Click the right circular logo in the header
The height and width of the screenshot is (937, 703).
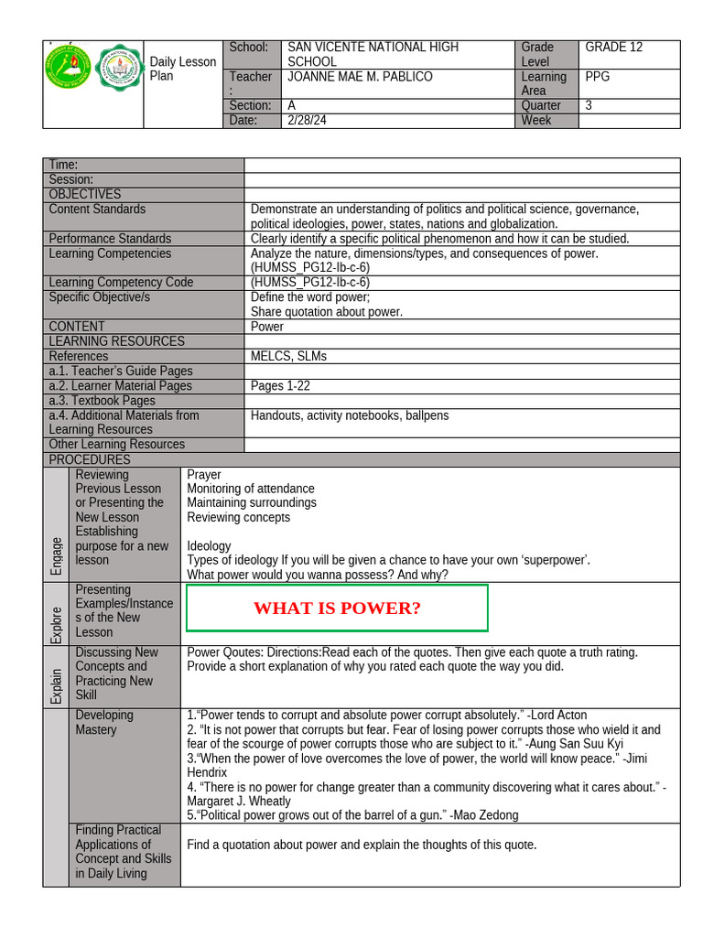pyautogui.click(x=118, y=67)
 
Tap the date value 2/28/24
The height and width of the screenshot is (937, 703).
pyautogui.click(x=306, y=120)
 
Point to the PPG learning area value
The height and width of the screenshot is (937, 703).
pyautogui.click(x=598, y=77)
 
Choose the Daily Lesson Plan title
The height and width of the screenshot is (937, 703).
pyautogui.click(x=182, y=69)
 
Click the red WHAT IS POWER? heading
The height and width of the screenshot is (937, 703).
pyautogui.click(x=337, y=609)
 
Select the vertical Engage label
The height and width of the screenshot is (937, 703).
pyautogui.click(x=57, y=555)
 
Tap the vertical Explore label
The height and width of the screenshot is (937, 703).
pyautogui.click(x=57, y=625)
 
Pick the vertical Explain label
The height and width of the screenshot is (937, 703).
pyautogui.click(x=57, y=685)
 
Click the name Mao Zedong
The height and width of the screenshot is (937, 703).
pyautogui.click(x=486, y=814)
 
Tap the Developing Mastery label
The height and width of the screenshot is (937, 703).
pyautogui.click(x=104, y=722)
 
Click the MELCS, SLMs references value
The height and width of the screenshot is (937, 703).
pyautogui.click(x=288, y=356)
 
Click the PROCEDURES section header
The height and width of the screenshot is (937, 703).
pyautogui.click(x=90, y=459)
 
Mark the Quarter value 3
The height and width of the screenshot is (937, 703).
pyautogui.click(x=589, y=105)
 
